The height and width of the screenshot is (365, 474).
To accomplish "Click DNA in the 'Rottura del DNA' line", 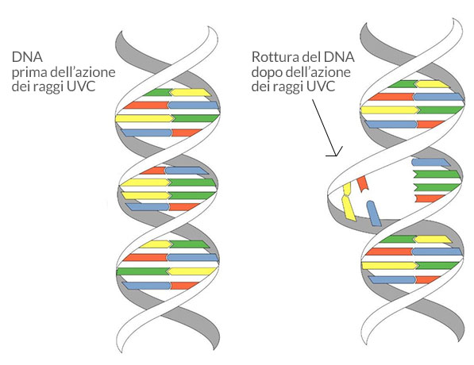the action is click(339, 57).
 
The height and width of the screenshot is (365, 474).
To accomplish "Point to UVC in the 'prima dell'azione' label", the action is click(81, 86).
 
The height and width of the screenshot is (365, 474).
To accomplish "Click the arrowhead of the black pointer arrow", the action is click(336, 152).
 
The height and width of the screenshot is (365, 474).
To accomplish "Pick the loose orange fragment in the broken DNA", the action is click(363, 184).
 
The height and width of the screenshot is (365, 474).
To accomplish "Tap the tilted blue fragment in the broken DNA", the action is click(374, 213).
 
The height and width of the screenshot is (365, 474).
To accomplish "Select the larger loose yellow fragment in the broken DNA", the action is click(349, 208).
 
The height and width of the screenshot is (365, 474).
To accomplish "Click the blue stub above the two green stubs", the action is click(431, 162).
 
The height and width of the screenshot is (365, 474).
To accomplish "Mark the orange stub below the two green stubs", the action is click(430, 198).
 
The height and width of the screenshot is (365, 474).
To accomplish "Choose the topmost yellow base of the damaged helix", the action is click(433, 84).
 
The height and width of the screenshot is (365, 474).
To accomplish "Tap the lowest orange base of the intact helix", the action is click(184, 286).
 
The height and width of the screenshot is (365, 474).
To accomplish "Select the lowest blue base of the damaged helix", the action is click(392, 280).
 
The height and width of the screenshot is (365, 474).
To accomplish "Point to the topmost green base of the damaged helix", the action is click(403, 84).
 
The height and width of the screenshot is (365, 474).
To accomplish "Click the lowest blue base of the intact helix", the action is click(147, 286).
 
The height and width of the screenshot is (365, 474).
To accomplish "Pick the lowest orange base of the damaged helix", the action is click(427, 280).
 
